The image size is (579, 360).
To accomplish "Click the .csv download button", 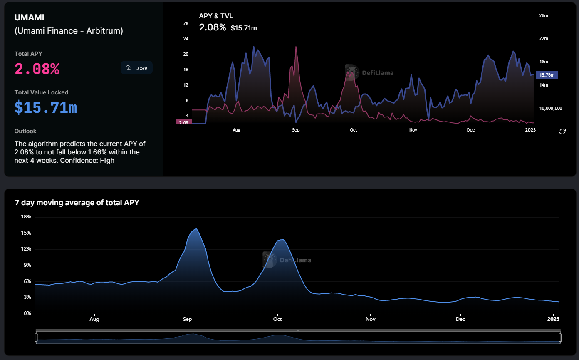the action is [x=136, y=68].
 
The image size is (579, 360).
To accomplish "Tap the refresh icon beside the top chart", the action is [x=562, y=132].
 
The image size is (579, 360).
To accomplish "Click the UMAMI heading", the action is [x=29, y=17].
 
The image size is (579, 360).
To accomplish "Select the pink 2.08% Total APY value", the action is [x=37, y=69].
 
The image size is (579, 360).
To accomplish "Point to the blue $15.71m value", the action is [x=46, y=108].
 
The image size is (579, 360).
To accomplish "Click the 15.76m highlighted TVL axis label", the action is [x=547, y=75].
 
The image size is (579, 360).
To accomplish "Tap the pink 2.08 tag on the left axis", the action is [x=184, y=122].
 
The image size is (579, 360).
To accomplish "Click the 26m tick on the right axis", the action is [x=544, y=15].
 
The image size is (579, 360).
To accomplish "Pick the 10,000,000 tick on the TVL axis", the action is [x=551, y=108].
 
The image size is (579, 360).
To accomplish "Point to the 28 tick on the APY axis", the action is [x=186, y=23].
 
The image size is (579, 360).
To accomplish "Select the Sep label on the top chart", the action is [x=296, y=130].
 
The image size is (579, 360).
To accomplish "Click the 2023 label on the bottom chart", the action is [x=553, y=319].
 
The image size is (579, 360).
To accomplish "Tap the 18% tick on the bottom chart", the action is [x=26, y=217].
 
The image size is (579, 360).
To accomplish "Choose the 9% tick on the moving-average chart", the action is [x=27, y=265].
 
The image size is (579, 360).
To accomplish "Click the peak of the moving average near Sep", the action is [x=197, y=228].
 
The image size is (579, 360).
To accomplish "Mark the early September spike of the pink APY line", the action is [x=296, y=47].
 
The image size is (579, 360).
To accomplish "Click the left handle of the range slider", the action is [x=36, y=338].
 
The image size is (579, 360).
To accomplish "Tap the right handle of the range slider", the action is [x=560, y=338].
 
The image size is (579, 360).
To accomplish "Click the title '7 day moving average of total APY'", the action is [x=77, y=203].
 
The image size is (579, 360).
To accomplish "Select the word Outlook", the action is [x=25, y=131].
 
